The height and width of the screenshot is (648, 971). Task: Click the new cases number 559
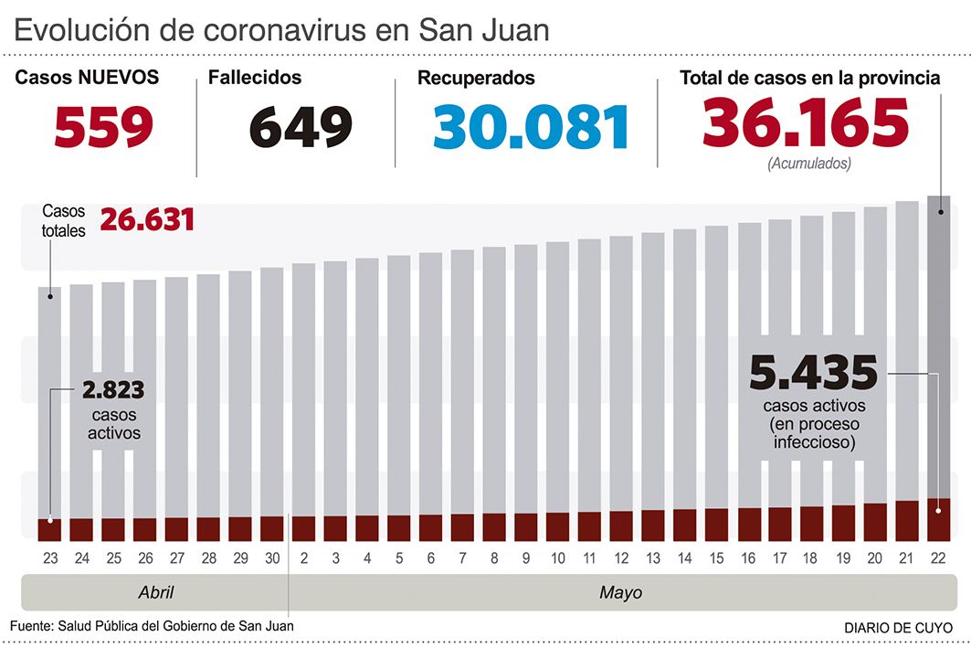tap(103, 126)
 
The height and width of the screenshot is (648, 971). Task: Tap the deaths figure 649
tap(301, 126)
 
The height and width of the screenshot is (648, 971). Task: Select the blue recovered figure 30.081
tap(532, 126)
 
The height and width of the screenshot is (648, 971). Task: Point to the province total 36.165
tap(806, 123)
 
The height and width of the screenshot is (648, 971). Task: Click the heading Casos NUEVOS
tap(87, 78)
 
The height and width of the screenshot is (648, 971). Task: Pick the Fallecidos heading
tap(254, 78)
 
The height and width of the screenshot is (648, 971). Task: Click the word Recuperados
tap(476, 79)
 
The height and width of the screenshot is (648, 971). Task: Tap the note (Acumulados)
tap(809, 165)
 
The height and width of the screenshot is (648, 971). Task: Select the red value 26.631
tap(147, 220)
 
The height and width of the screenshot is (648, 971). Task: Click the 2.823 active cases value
tap(113, 390)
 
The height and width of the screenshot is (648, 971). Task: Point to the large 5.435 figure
tap(813, 372)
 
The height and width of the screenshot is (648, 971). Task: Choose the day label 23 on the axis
tap(49, 558)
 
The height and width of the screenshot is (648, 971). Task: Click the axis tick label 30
tap(271, 558)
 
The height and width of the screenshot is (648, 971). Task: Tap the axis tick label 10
tap(557, 558)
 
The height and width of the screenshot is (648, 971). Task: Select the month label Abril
tap(155, 592)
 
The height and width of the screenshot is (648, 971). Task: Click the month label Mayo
tap(620, 592)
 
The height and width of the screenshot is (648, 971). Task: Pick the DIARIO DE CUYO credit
tap(895, 627)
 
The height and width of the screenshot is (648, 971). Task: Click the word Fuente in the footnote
tap(30, 626)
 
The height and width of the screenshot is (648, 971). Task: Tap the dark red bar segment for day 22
tap(939, 520)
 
